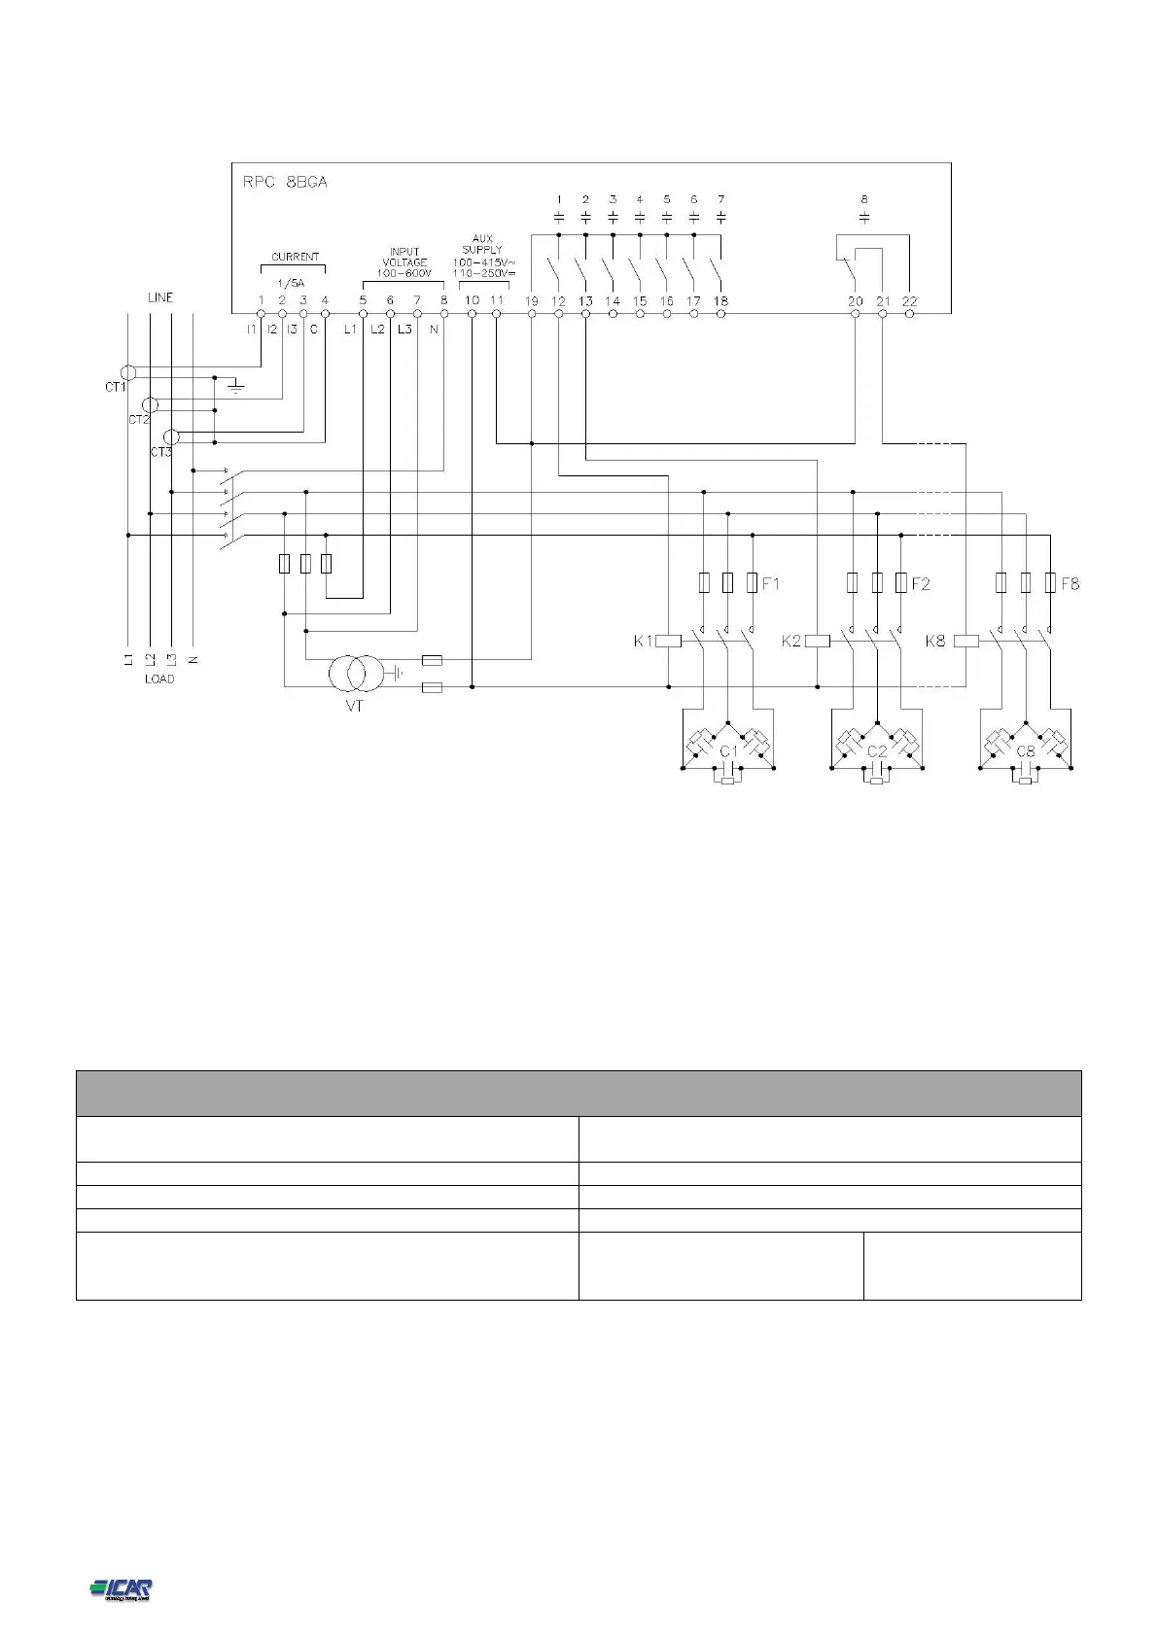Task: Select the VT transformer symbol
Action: click(x=354, y=672)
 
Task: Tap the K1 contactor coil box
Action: click(x=669, y=641)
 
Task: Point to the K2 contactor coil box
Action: click(x=818, y=641)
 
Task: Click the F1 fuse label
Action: click(x=770, y=584)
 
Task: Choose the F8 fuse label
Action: click(x=1070, y=584)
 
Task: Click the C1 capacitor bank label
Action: click(x=728, y=751)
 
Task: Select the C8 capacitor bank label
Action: click(x=1026, y=751)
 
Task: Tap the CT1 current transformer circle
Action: click(x=125, y=372)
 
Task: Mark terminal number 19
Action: click(x=532, y=301)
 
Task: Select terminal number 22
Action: click(x=909, y=301)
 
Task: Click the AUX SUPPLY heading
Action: click(x=482, y=243)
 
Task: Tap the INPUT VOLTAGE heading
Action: click(x=404, y=258)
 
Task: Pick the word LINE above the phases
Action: click(x=160, y=297)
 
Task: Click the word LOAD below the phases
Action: click(x=159, y=679)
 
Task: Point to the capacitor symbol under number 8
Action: click(x=865, y=215)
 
